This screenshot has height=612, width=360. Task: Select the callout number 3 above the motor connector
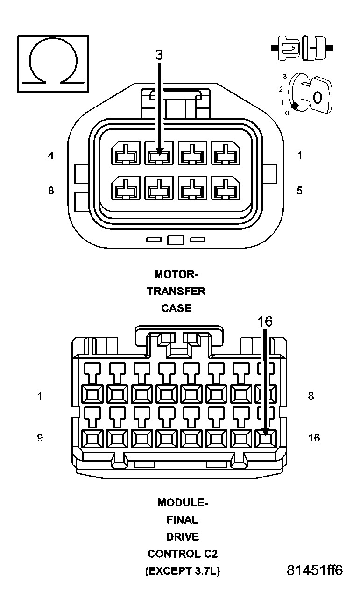point(159,55)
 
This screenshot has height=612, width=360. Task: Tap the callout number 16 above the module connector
point(265,321)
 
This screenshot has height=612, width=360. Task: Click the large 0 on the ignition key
point(317,98)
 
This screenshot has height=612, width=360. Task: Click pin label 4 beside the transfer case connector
point(50,156)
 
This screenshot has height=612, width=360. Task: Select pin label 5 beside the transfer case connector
point(299,191)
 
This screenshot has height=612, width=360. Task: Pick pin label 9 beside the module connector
point(40,438)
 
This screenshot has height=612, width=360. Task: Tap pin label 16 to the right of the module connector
point(314,438)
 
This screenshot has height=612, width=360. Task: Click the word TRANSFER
point(176,291)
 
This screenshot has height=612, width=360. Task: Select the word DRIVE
point(182,537)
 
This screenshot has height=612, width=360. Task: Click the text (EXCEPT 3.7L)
point(182,571)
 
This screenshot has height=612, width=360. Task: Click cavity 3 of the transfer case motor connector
point(158,153)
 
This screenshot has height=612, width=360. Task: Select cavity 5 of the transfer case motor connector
point(226,188)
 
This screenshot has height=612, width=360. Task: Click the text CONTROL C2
point(182,554)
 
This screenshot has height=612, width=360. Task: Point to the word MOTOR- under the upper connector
point(176,274)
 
